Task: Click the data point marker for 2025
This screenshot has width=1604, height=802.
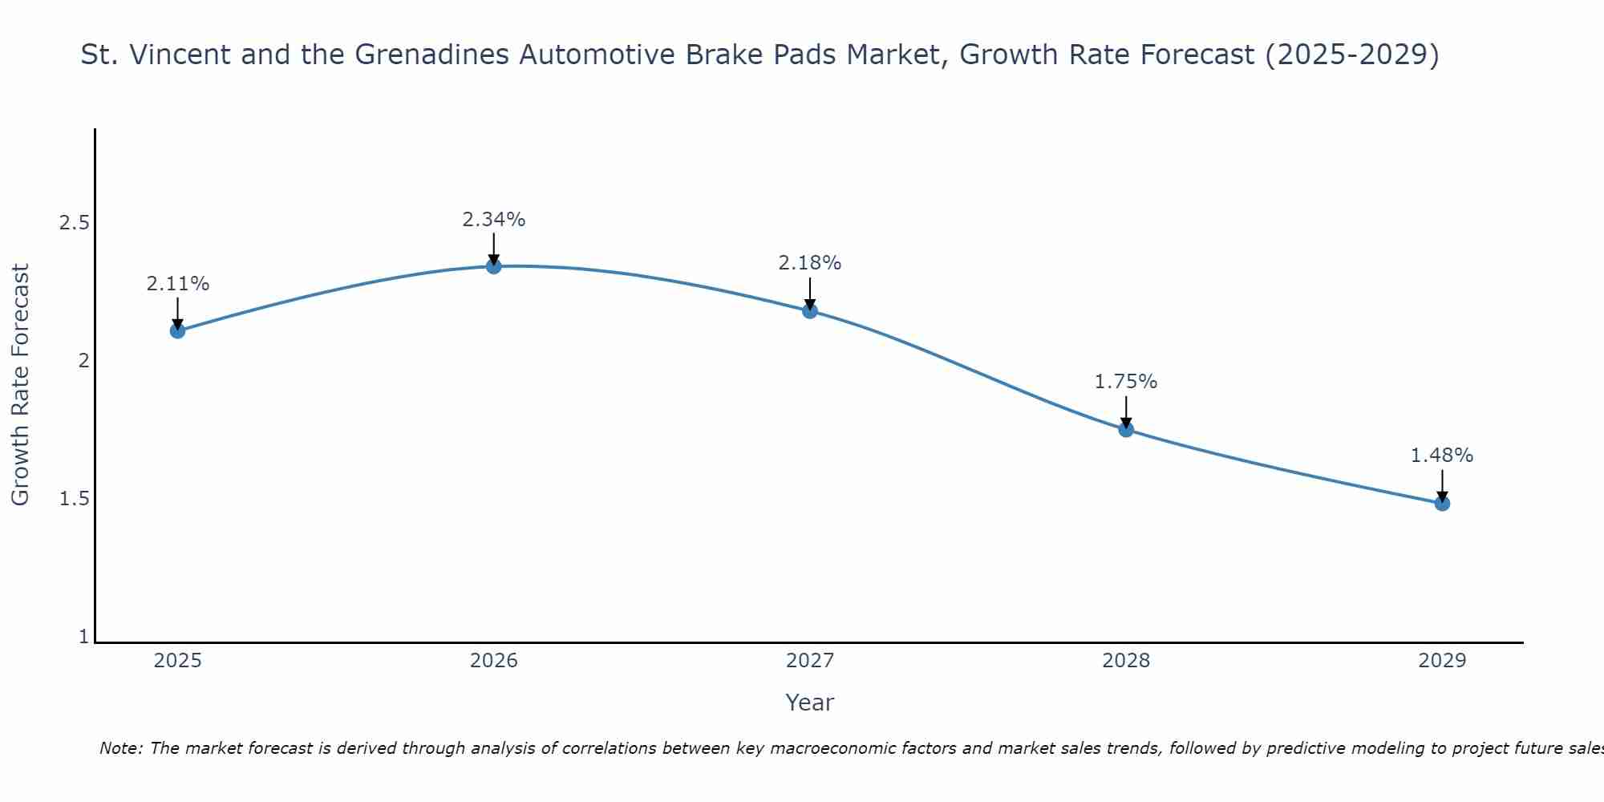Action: coord(178,330)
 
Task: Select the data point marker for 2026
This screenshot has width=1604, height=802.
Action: coord(494,266)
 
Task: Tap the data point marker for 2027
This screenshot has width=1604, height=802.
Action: coord(810,310)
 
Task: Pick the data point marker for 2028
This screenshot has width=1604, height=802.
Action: coord(1126,429)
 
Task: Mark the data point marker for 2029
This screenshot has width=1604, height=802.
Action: coord(1442,503)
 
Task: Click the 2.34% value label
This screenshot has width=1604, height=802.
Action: coord(494,219)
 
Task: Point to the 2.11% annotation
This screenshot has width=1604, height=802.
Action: coord(178,283)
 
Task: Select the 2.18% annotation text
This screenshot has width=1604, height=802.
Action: coord(810,262)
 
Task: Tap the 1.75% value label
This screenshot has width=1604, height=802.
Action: coord(1126,382)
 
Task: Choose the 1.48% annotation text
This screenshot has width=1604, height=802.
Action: coord(1442,456)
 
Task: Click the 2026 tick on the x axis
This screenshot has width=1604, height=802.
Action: coord(494,661)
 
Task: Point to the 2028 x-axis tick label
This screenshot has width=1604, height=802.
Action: coord(1126,661)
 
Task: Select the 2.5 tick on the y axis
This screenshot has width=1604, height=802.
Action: coord(74,223)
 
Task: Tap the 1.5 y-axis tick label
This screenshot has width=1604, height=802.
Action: coord(74,499)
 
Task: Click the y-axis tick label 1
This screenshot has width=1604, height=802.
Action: coord(83,637)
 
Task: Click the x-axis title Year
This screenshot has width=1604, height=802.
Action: coord(810,703)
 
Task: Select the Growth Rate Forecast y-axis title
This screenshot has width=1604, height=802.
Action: coord(20,385)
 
